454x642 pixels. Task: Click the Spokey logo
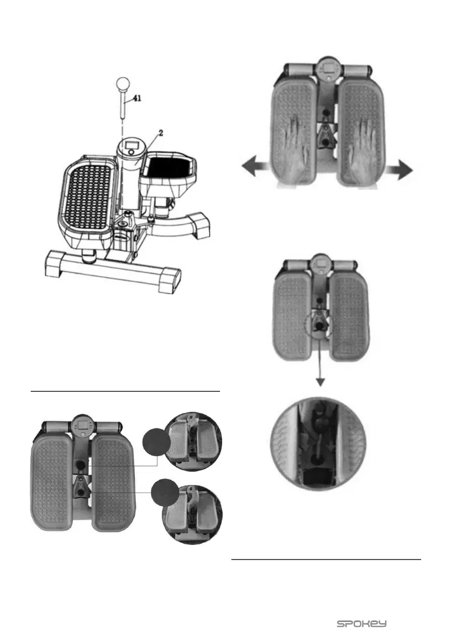click(x=362, y=624)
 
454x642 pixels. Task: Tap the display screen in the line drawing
click(x=131, y=145)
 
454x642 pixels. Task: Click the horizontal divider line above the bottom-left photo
click(x=126, y=391)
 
